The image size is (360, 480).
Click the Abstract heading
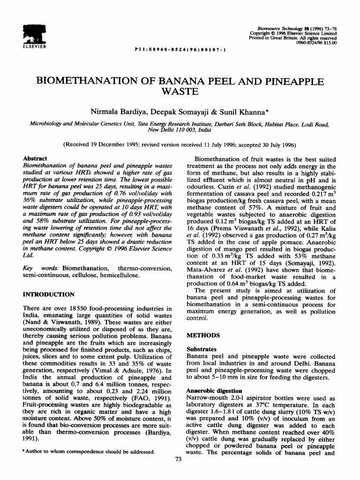coord(36,159)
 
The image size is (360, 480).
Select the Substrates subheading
coord(202,349)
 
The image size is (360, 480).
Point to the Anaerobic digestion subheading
coord(215,391)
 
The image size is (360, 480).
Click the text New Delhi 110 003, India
coord(180,129)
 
